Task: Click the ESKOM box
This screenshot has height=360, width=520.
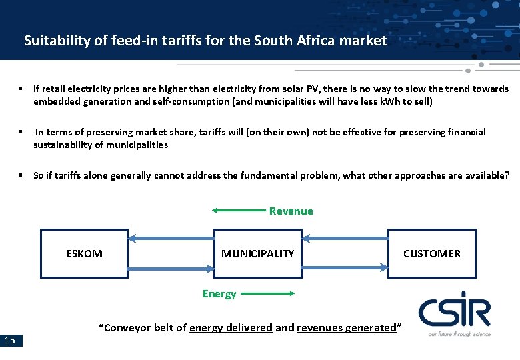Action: pyautogui.click(x=84, y=253)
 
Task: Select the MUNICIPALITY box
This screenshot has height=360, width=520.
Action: pyautogui.click(x=257, y=253)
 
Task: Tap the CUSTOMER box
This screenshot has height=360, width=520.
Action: pyautogui.click(x=431, y=253)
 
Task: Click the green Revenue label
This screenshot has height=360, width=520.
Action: pyautogui.click(x=291, y=211)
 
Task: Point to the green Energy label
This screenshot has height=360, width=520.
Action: pyautogui.click(x=219, y=294)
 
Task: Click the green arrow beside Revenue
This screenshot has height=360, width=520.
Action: pyautogui.click(x=239, y=211)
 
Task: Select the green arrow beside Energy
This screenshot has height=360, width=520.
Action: pyautogui.click(x=267, y=293)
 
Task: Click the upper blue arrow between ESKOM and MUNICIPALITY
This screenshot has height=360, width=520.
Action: pyautogui.click(x=171, y=238)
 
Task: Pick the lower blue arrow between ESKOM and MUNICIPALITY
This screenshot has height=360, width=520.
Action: pyautogui.click(x=171, y=269)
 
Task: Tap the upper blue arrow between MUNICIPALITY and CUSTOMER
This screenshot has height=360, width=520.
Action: pyautogui.click(x=345, y=238)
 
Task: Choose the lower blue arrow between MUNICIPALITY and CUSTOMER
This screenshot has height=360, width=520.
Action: pyautogui.click(x=345, y=269)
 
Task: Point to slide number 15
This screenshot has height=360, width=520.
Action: pyautogui.click(x=11, y=341)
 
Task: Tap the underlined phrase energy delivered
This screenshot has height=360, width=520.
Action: pyautogui.click(x=231, y=328)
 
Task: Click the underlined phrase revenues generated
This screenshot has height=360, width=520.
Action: pyautogui.click(x=347, y=328)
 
